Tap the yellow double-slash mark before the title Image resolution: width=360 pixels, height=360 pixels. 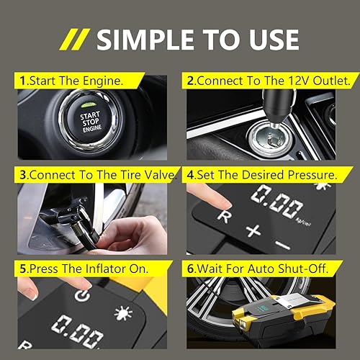click(75, 39)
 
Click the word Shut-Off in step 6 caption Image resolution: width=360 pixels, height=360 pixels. click(305, 269)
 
